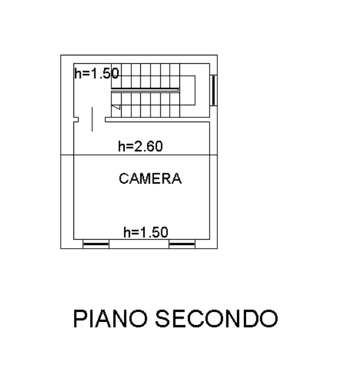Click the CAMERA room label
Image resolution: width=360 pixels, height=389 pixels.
[150, 179]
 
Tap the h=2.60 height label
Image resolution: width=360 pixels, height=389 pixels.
[140, 146]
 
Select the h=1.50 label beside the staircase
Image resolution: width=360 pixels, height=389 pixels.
[96, 73]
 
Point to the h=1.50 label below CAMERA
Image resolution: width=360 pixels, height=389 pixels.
[146, 232]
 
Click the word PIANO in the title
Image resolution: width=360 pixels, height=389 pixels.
[110, 319]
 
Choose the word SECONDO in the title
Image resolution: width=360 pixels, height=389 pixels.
[216, 319]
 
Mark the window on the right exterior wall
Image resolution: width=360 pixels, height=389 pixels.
[214, 90]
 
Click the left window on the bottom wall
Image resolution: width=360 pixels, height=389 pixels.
[96, 244]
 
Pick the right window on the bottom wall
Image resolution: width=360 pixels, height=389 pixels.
[182, 244]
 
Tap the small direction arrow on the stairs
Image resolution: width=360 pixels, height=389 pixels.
[117, 107]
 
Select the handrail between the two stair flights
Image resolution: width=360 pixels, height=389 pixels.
[145, 90]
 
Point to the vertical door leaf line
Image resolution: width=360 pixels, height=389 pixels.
[92, 119]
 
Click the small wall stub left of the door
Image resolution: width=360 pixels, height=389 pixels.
[76, 120]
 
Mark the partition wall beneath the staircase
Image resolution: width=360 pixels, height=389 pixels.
[158, 120]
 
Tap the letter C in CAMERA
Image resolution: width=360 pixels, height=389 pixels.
[124, 179]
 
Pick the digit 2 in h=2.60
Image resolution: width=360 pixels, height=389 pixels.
[138, 146]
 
